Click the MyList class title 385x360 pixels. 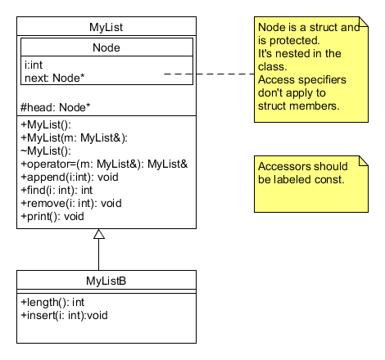(x=106, y=28)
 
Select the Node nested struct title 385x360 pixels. (x=106, y=47)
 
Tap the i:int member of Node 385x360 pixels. (x=35, y=64)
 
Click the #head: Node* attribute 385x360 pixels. (x=55, y=107)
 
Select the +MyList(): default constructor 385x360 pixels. (x=47, y=124)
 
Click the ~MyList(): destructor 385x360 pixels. (x=46, y=151)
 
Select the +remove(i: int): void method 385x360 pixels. (x=70, y=203)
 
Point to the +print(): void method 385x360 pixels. (x=52, y=216)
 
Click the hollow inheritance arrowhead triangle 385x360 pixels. (x=99, y=235)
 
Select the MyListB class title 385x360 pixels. (x=106, y=281)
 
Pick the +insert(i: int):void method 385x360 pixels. (x=64, y=314)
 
